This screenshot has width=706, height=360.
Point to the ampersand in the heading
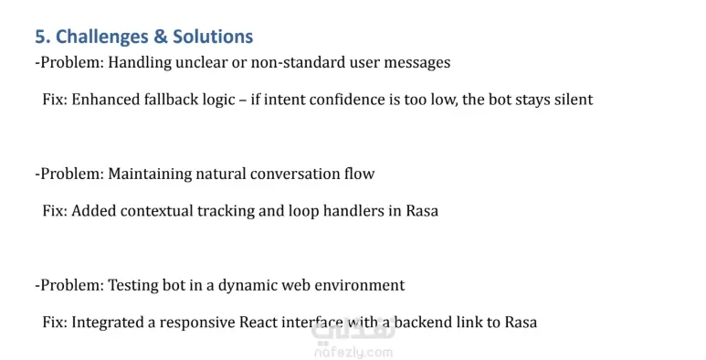[161, 37]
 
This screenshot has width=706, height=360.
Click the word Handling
[140, 62]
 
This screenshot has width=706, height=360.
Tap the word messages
[417, 63]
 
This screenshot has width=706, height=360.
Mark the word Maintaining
[150, 174]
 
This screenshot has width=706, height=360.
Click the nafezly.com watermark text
[353, 353]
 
